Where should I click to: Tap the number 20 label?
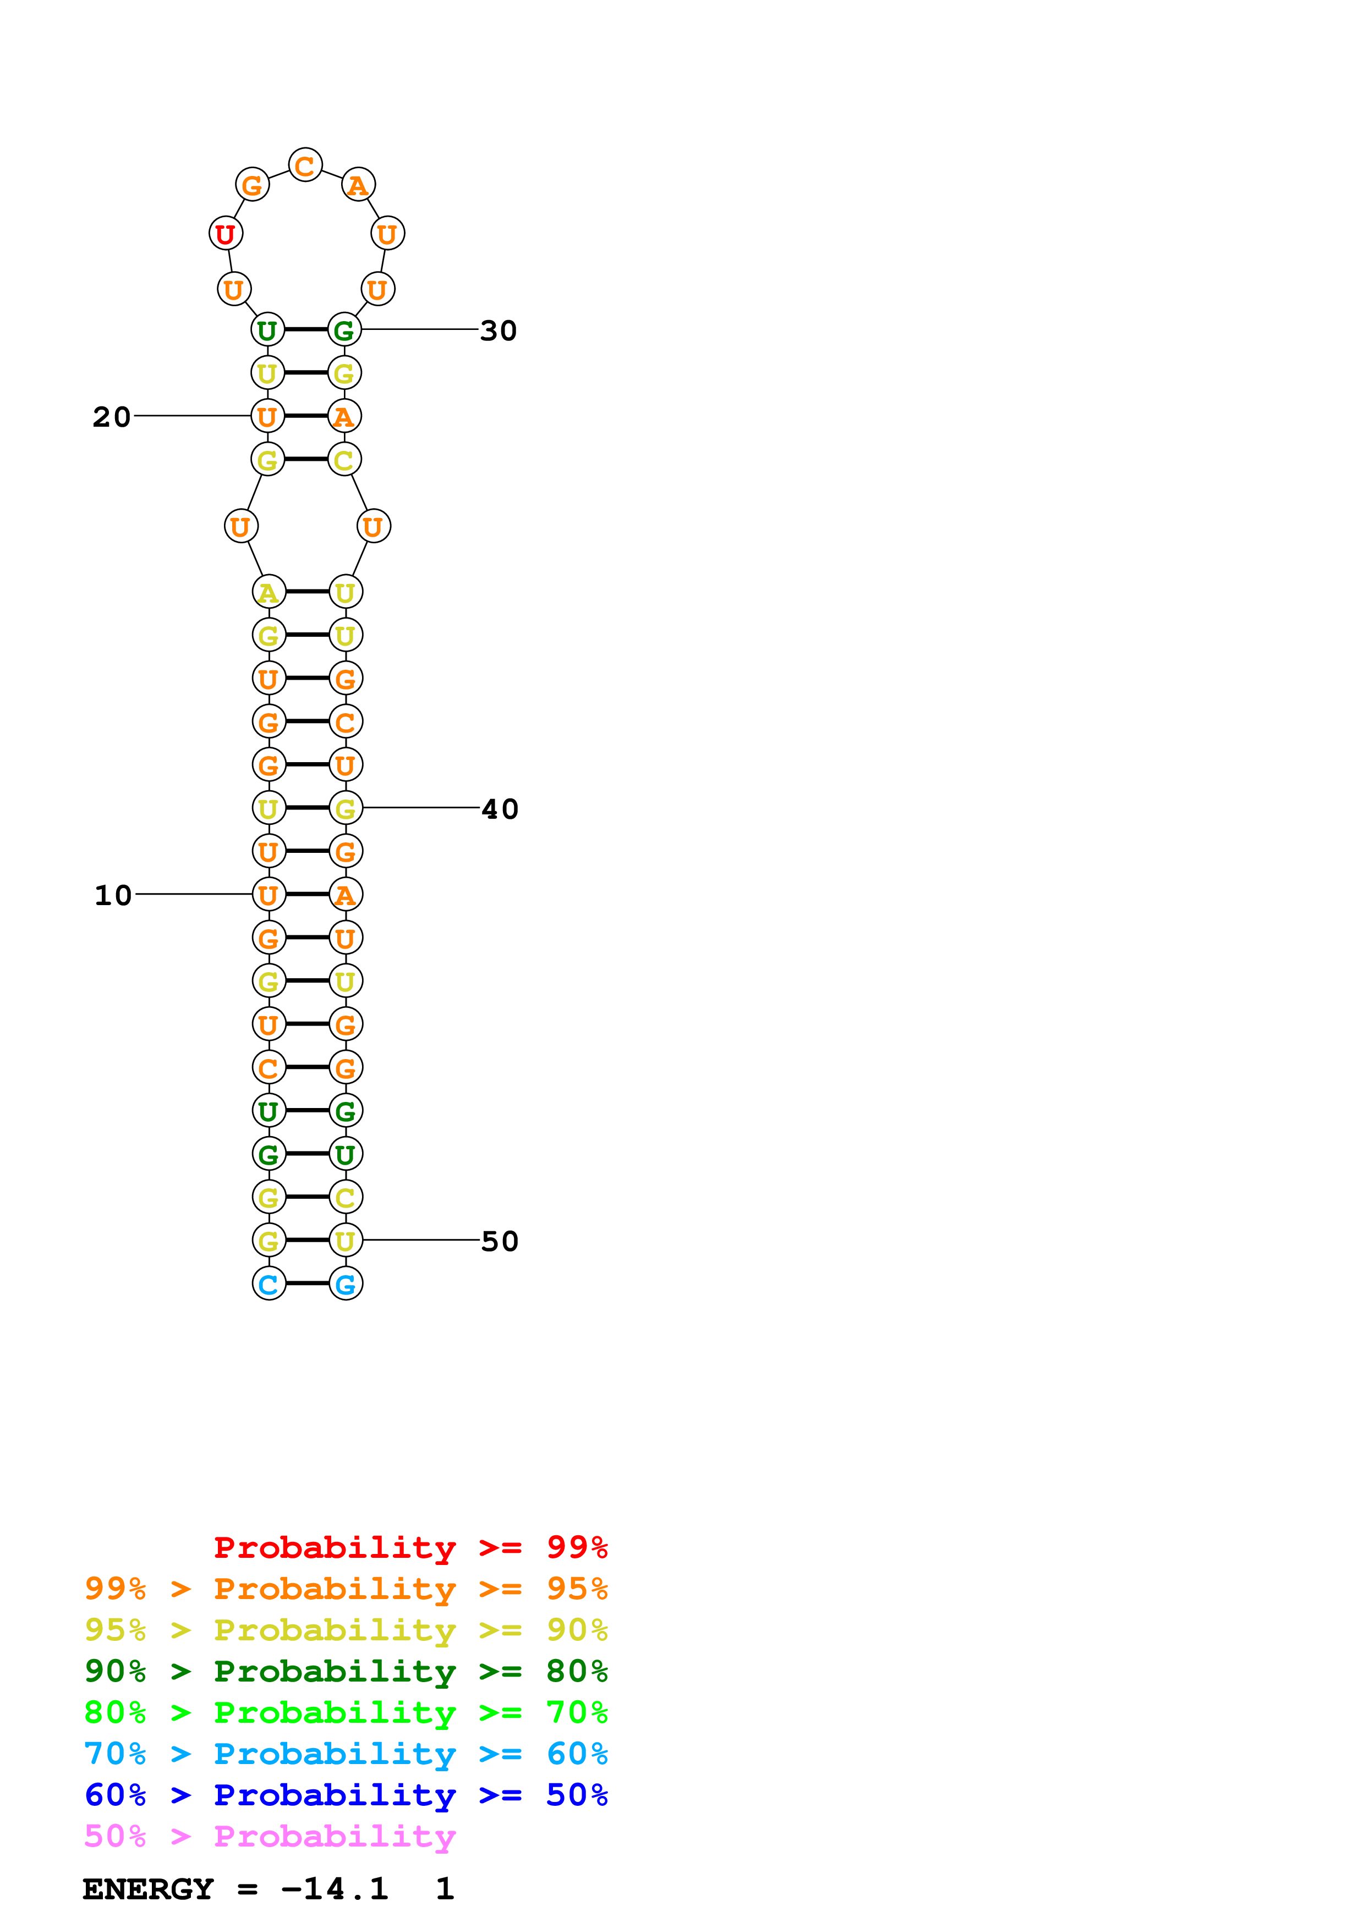point(112,417)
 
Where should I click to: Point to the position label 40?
point(499,809)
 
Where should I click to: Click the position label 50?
point(499,1241)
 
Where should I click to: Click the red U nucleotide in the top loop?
point(225,234)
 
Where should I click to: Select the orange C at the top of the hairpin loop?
point(305,166)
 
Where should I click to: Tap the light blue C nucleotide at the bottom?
point(269,1284)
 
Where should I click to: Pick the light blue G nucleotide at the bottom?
point(346,1284)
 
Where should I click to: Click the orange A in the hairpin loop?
point(358,185)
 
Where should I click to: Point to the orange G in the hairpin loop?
point(252,185)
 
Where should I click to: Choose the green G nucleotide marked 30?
point(344,330)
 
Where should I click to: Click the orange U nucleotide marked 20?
point(267,416)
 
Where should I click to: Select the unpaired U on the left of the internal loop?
point(241,527)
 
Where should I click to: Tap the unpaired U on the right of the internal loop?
point(373,527)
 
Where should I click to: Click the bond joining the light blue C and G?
point(307,1284)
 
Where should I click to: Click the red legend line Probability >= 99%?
point(410,1547)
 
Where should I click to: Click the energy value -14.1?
point(335,1889)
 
